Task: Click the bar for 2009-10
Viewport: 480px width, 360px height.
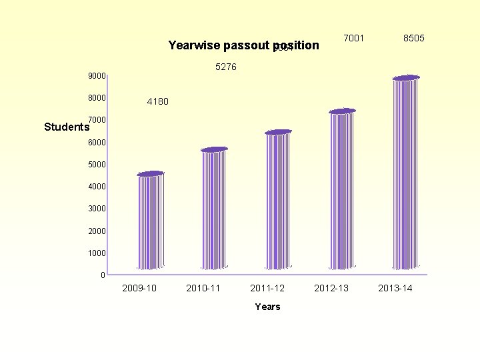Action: coord(150,221)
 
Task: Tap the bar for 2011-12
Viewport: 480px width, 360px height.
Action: coord(278,200)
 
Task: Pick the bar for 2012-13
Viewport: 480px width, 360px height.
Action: coord(342,189)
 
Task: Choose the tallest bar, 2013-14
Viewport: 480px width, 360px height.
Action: coord(406,173)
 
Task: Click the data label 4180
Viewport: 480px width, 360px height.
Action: coord(157,102)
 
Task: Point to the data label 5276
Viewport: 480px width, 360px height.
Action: coord(226,67)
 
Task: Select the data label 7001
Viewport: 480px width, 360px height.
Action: coord(353,38)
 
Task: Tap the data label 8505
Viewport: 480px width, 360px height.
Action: coord(413,38)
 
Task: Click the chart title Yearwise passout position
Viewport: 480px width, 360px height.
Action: coord(244,45)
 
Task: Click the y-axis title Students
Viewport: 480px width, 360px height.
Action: coord(67,127)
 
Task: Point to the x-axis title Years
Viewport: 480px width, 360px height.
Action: coord(267,307)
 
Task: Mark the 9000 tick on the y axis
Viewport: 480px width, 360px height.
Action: coord(97,76)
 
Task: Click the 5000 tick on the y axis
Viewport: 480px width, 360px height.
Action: coord(97,165)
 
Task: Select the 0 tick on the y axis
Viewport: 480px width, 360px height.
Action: coord(103,275)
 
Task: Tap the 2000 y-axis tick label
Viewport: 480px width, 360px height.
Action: coord(97,231)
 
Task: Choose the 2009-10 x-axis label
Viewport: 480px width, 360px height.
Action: coord(139,288)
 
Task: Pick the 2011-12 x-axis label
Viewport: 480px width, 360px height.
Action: coord(267,288)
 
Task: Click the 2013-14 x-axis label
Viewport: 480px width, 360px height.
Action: coord(395,288)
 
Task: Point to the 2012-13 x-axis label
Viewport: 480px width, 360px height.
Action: coord(331,288)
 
